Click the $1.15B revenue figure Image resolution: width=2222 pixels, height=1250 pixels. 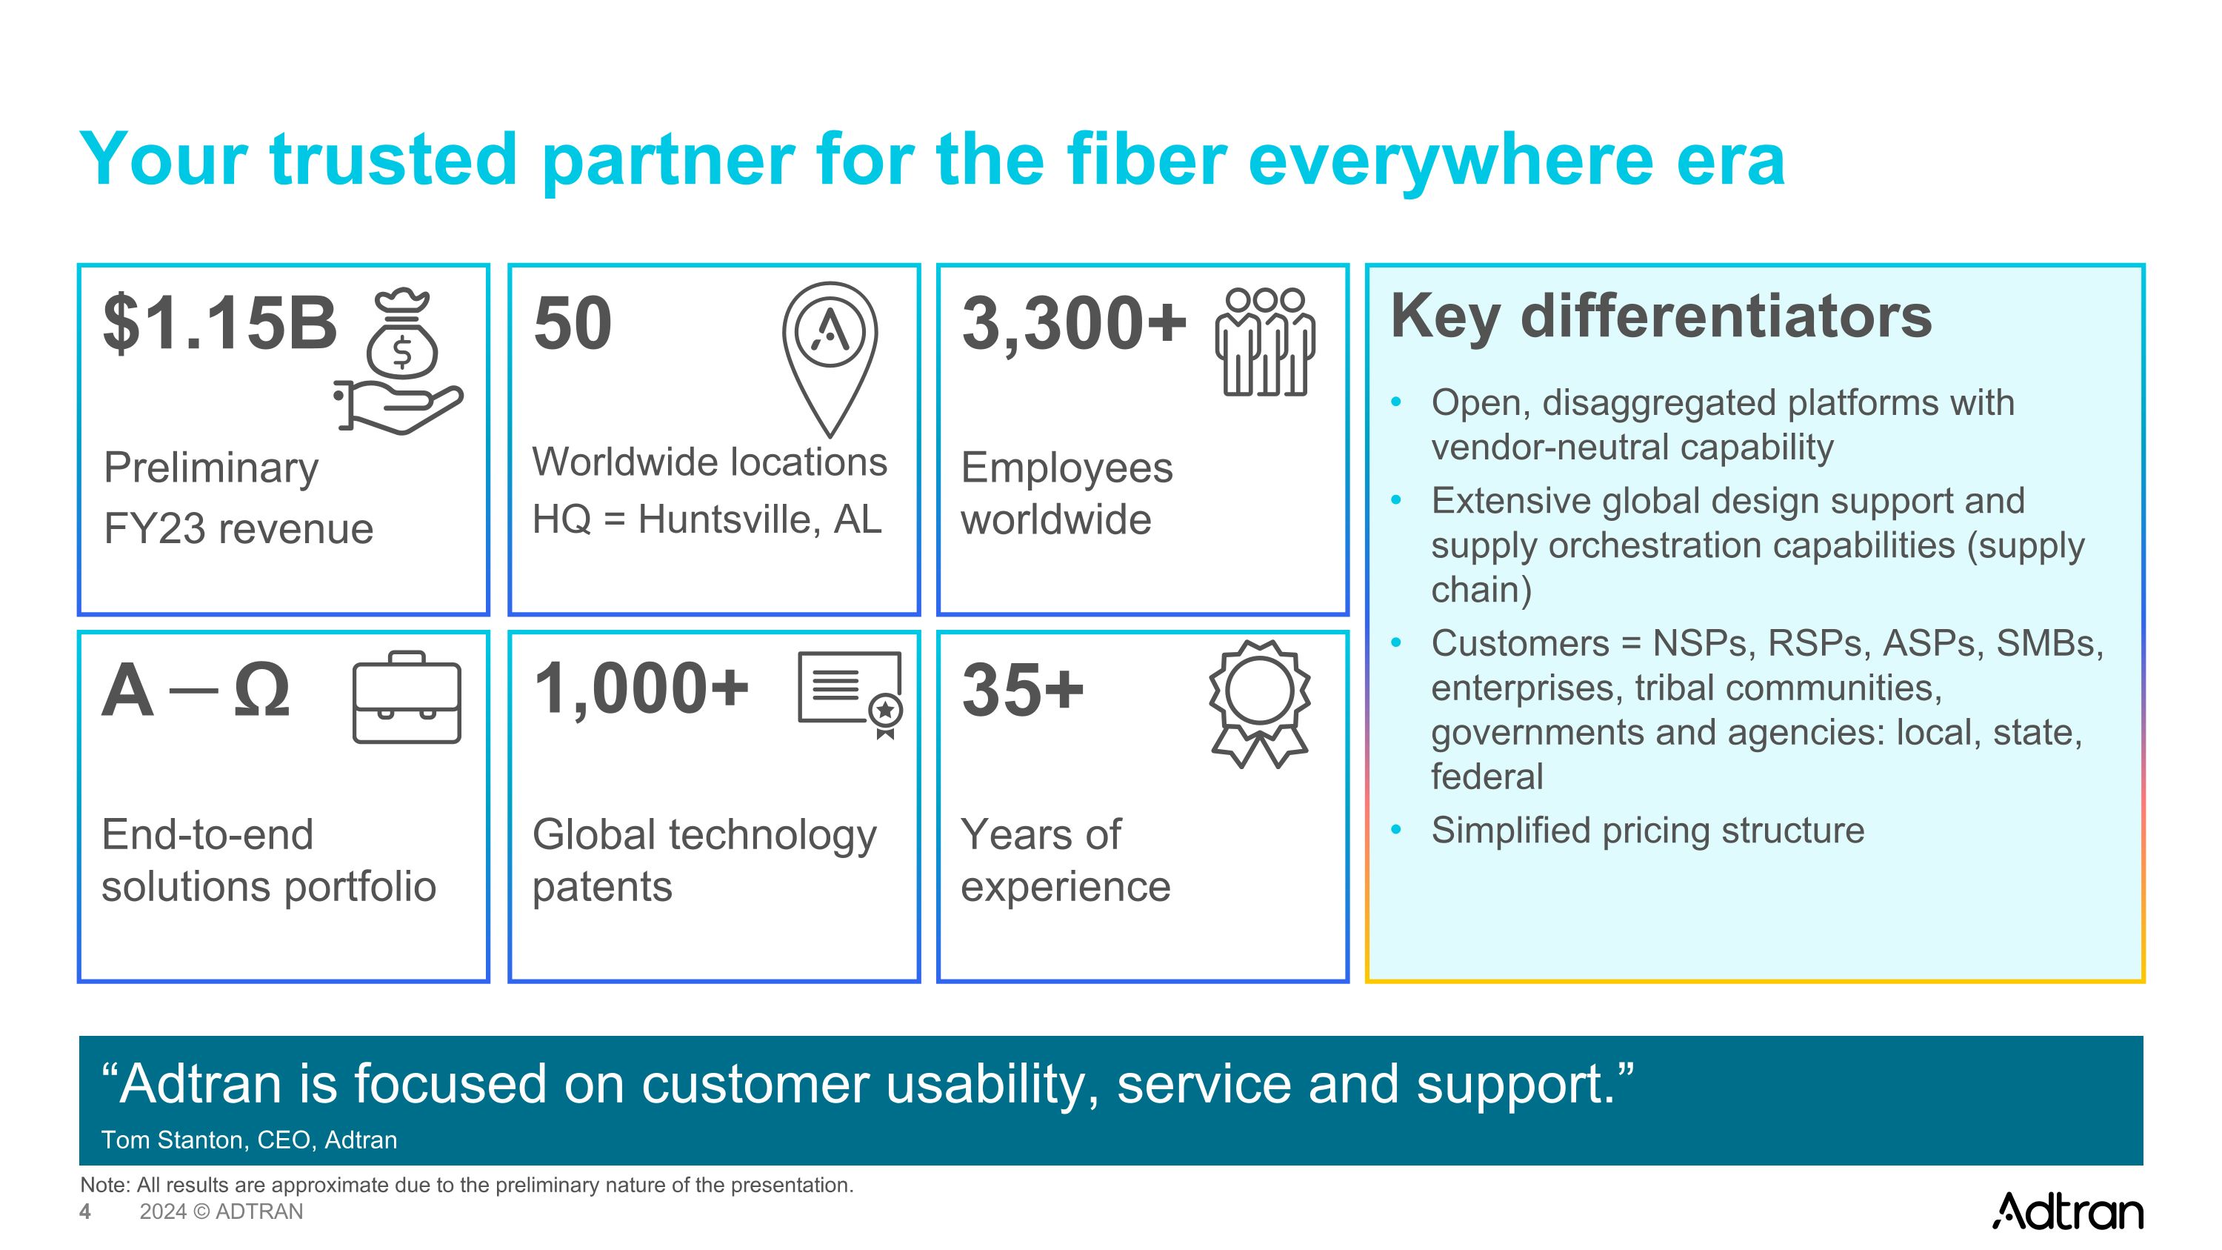[x=220, y=324]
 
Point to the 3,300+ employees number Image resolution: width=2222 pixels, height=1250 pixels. [x=1074, y=324]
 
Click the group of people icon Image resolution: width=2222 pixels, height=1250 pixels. [x=1264, y=342]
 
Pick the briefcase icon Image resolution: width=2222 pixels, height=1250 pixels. [x=407, y=699]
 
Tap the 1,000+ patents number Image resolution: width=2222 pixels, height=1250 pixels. [x=641, y=689]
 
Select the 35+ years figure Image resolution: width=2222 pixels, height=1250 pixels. [x=1023, y=690]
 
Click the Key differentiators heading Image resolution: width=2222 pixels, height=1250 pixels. [x=1661, y=316]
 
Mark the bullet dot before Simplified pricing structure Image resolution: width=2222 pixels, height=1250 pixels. [x=1396, y=830]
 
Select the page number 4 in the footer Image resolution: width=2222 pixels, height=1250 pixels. [x=84, y=1211]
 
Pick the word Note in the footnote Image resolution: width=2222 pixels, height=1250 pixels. [x=104, y=1185]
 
